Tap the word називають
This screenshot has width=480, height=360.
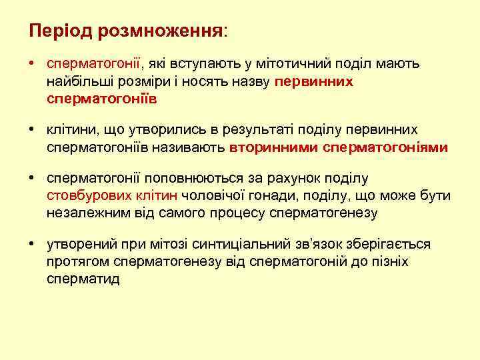(x=193, y=147)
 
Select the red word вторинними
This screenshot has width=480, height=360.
(x=273, y=147)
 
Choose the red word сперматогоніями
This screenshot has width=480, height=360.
(x=385, y=147)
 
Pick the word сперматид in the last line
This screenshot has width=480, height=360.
(x=83, y=279)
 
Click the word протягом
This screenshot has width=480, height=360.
(x=78, y=262)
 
